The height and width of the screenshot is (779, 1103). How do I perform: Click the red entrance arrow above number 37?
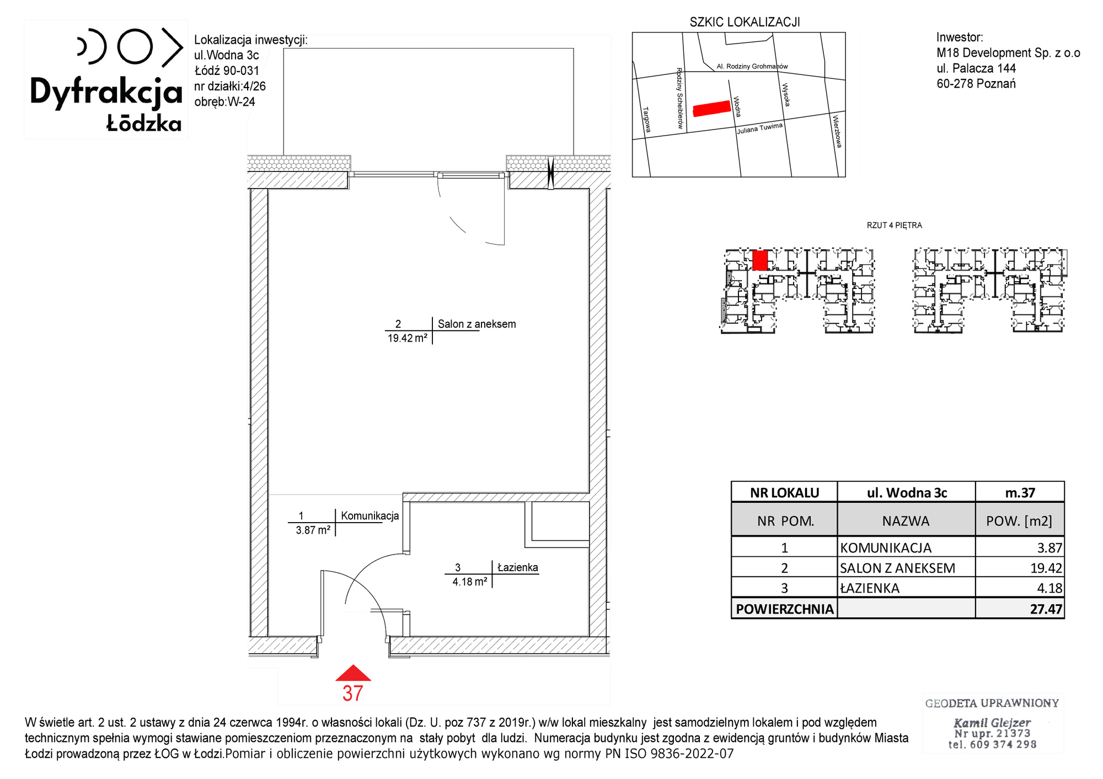353,673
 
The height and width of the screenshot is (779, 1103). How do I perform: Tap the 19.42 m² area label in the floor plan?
408,339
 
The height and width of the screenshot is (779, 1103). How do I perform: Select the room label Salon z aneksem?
477,324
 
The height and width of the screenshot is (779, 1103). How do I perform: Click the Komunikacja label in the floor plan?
370,516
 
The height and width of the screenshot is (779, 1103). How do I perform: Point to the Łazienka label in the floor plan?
517,567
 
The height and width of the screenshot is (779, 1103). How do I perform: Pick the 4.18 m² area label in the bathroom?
470,582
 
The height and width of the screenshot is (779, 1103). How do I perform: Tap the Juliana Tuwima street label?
760,128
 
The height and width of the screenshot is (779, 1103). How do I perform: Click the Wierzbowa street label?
837,131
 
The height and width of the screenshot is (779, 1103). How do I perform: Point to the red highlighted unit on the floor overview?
760,260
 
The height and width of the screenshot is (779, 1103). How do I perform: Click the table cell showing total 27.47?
1020,609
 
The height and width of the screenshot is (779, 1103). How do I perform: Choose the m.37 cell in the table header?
1020,492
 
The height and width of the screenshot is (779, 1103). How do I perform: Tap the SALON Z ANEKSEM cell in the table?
906,568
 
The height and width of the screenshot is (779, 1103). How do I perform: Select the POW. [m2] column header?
1020,520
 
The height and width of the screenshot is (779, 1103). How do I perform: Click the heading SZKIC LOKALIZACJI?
745,22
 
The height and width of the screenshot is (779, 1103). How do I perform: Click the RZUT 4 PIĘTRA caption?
895,225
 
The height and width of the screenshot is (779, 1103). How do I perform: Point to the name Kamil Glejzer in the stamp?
992,722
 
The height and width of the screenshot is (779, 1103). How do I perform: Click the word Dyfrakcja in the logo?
106,92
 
